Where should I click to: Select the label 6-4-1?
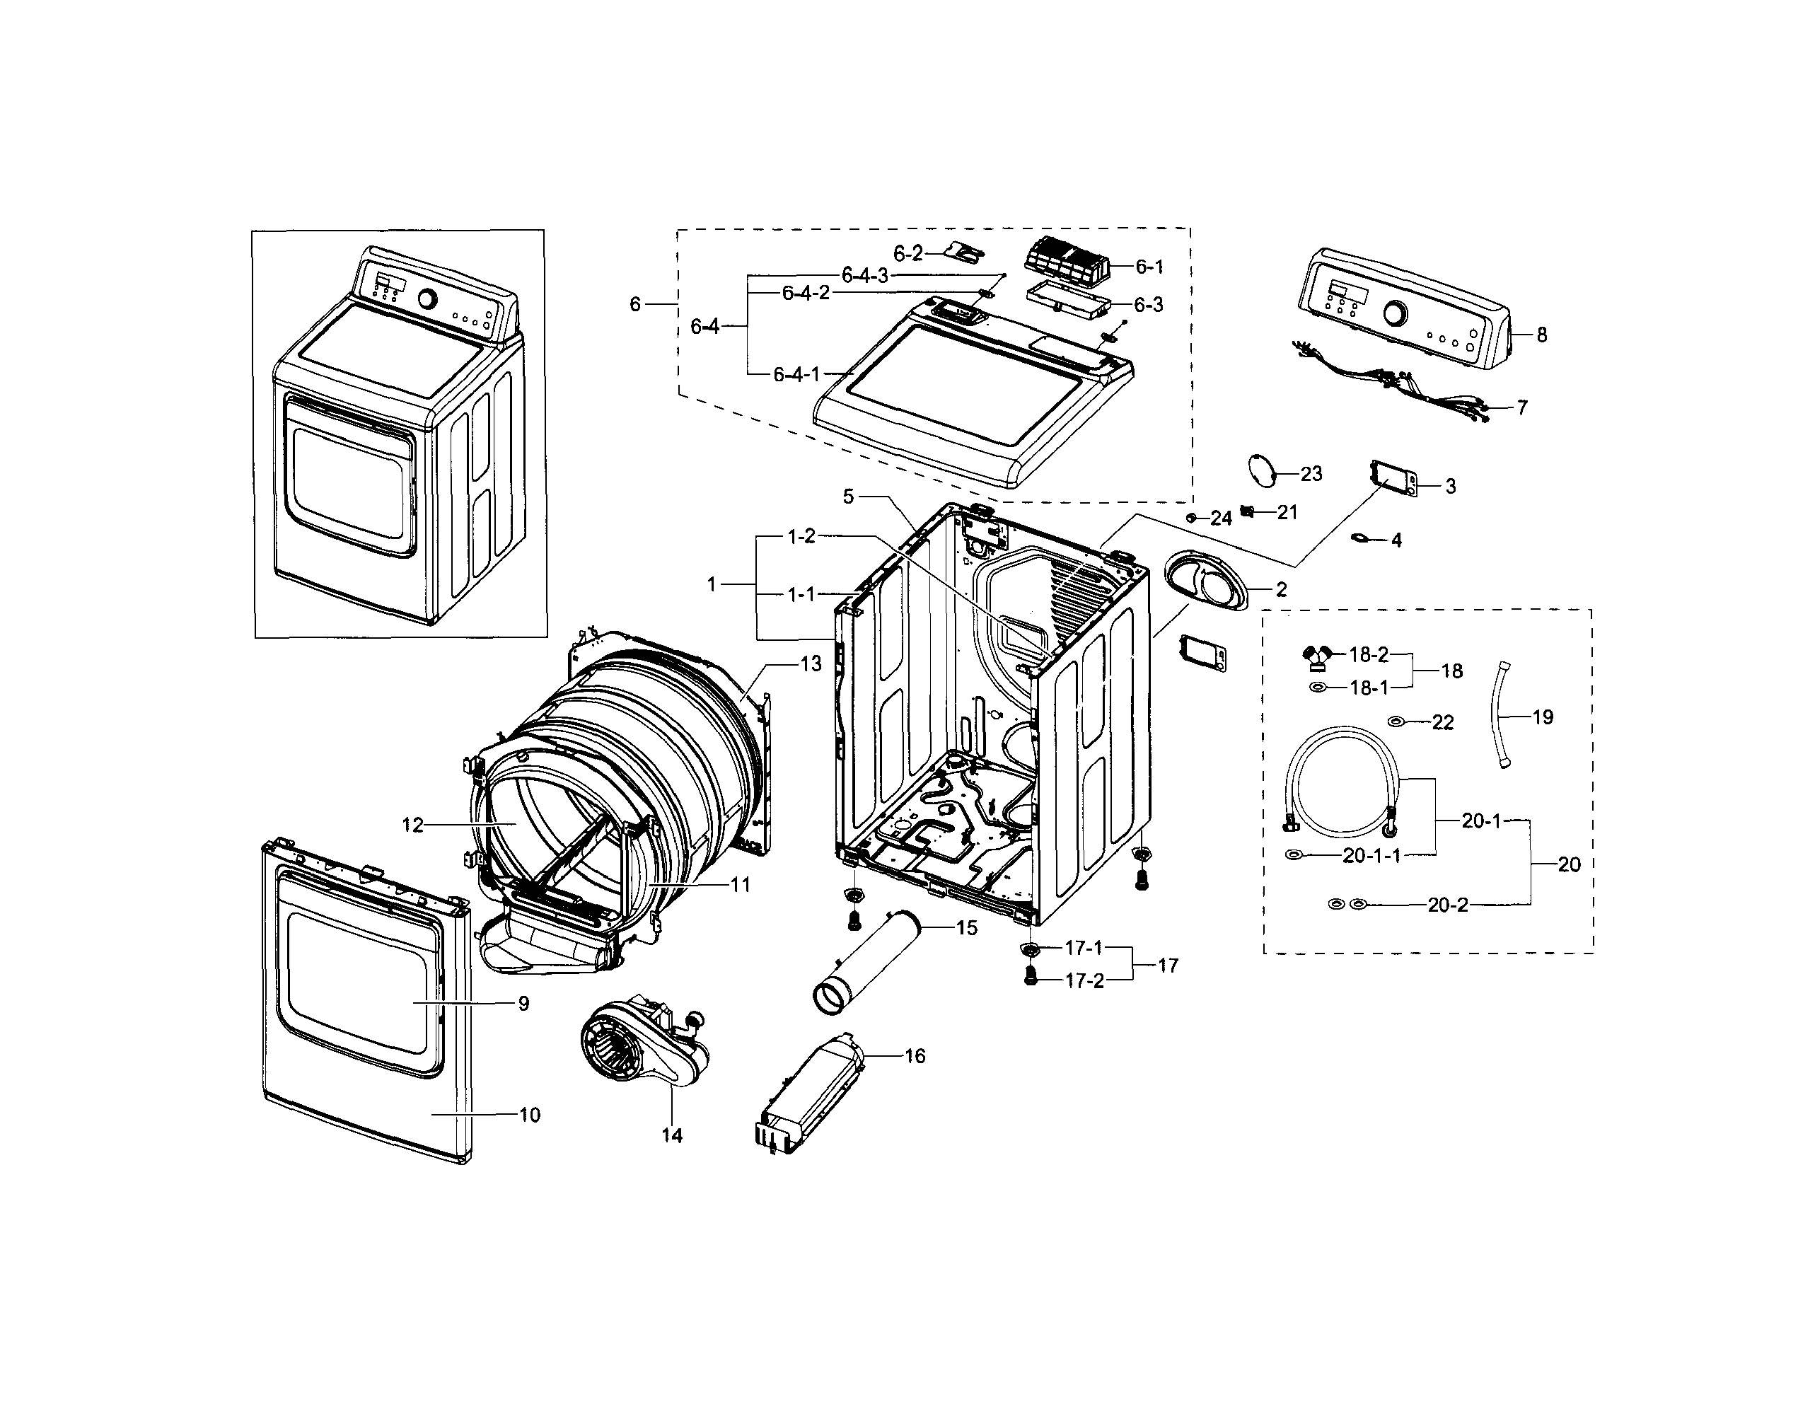coord(796,374)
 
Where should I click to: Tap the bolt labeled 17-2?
coord(1030,978)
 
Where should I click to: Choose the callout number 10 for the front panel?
coord(530,1114)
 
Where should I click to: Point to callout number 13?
coord(811,663)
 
